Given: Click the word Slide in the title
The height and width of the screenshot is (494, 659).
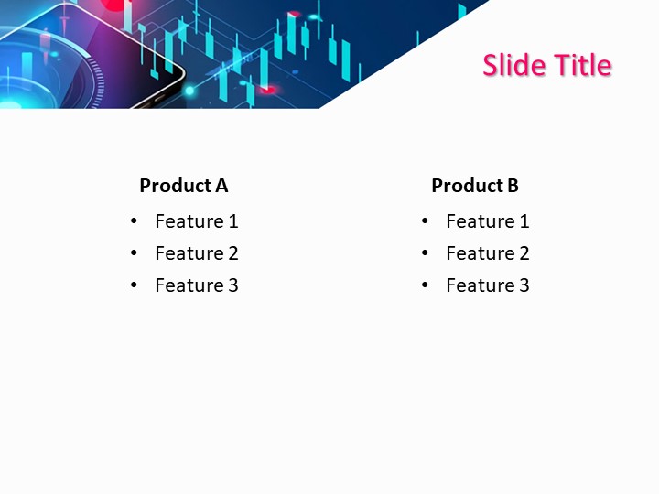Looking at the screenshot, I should [x=513, y=65].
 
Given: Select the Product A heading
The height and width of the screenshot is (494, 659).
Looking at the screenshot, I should [x=183, y=186].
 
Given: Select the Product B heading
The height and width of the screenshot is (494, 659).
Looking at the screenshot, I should [x=475, y=186].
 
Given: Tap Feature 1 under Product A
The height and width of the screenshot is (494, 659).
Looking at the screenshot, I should [x=196, y=221].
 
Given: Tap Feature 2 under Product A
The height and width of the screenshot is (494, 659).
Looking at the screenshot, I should [x=196, y=253].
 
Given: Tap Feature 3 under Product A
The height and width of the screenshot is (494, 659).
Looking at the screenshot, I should [x=196, y=285].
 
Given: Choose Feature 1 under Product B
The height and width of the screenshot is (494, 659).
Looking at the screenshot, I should [x=487, y=221].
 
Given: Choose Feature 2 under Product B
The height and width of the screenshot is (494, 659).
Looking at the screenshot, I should [x=487, y=253].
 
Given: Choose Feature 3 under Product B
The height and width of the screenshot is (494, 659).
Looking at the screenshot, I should [x=487, y=285].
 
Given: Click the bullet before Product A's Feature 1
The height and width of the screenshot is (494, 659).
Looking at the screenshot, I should [x=135, y=221].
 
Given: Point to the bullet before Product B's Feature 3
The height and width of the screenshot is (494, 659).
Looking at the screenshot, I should [x=426, y=285].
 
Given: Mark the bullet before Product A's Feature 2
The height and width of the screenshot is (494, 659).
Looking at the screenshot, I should [x=135, y=253].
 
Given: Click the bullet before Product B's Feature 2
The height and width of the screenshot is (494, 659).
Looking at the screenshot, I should [x=426, y=253].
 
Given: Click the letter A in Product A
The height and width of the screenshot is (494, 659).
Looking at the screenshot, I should [x=221, y=186].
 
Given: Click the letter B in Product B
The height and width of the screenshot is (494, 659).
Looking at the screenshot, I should [x=513, y=186].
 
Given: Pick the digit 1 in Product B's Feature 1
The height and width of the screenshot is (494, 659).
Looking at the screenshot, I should [x=524, y=221].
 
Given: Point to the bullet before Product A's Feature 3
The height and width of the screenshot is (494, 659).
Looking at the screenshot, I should [x=135, y=285].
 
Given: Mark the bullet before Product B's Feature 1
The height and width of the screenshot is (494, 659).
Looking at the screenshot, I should [x=426, y=221].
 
